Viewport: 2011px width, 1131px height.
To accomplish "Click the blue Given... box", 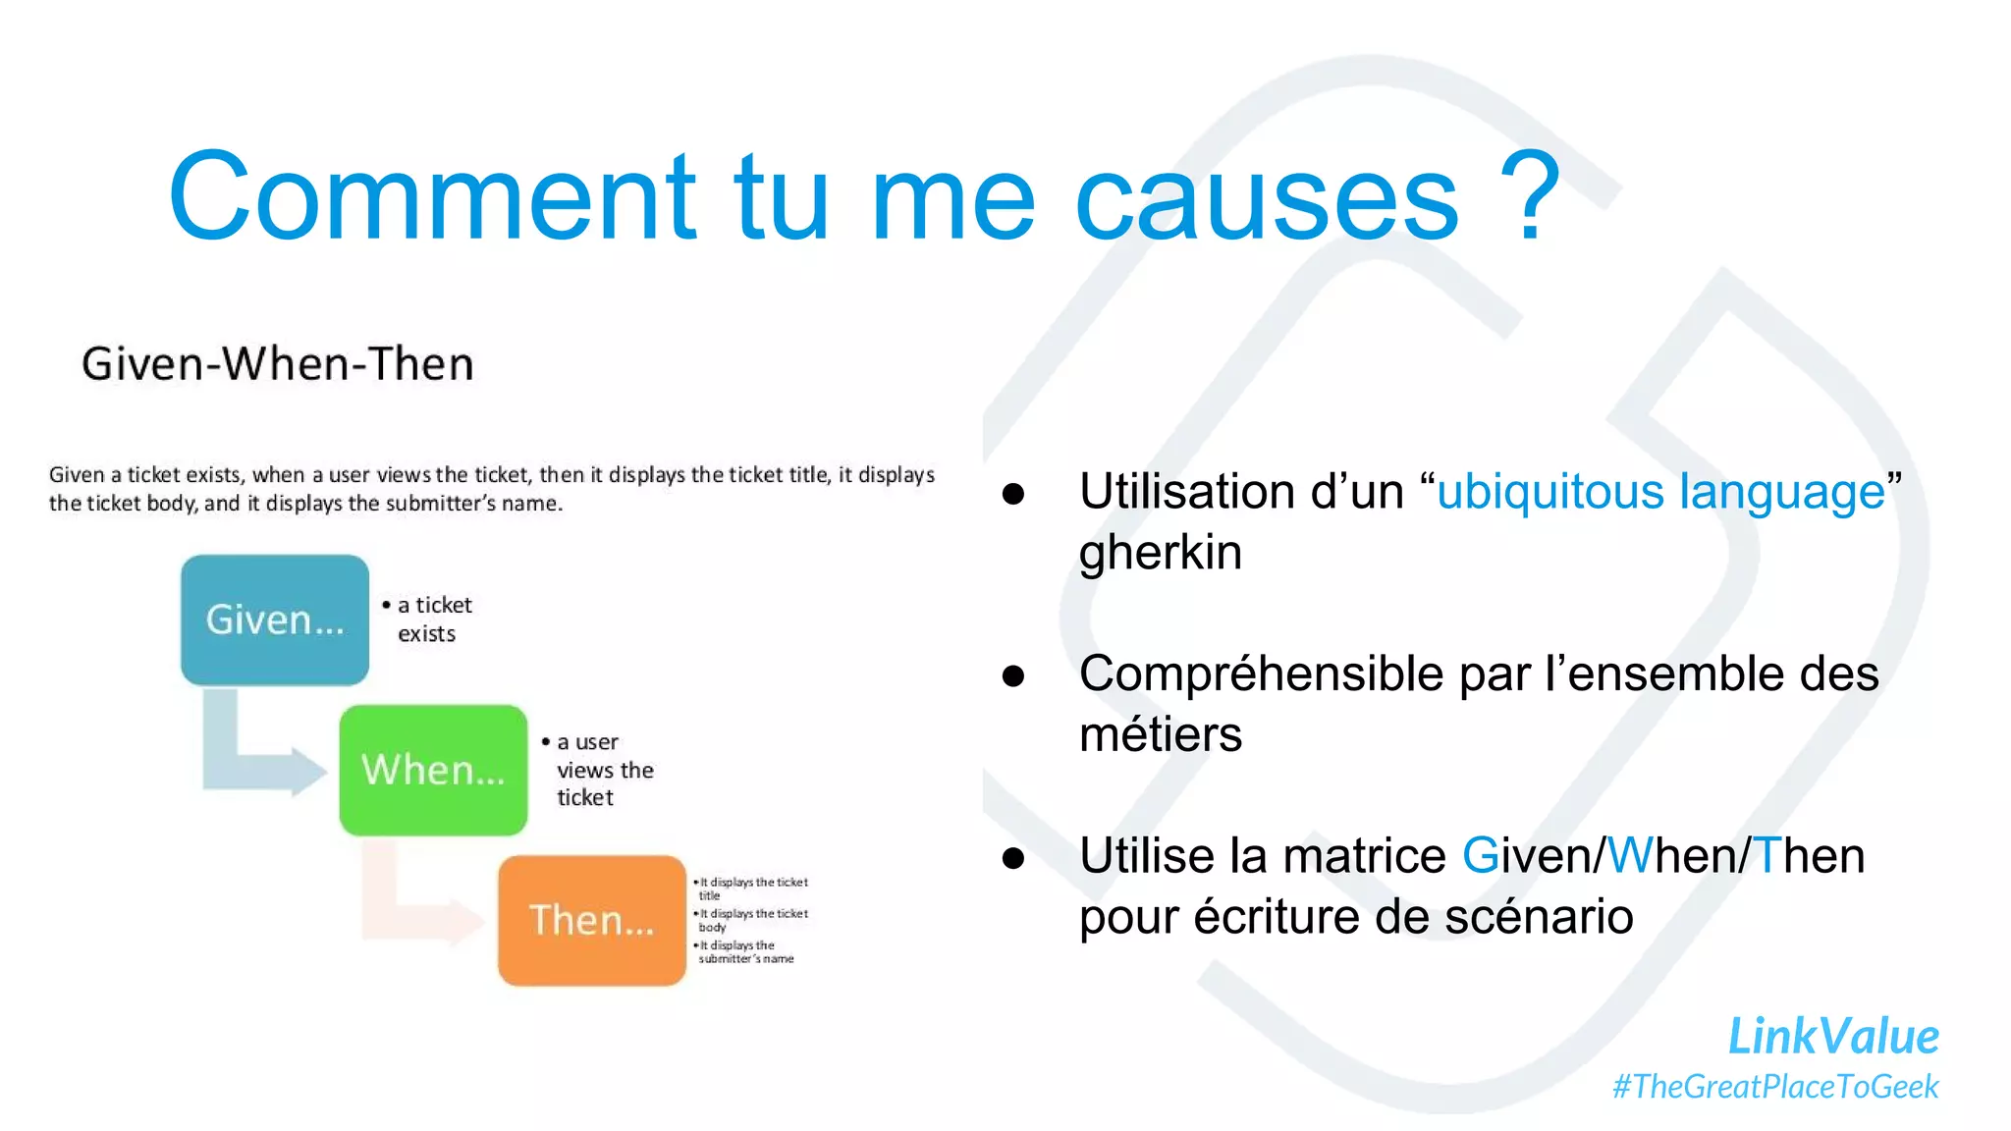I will click(x=275, y=619).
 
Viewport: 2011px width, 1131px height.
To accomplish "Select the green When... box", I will click(x=433, y=770).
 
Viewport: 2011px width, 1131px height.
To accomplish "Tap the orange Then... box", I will click(x=591, y=920).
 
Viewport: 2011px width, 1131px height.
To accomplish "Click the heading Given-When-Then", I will click(x=277, y=364).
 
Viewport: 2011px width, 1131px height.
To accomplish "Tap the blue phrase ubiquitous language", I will click(x=1660, y=492).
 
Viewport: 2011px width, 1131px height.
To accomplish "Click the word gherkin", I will click(x=1160, y=553).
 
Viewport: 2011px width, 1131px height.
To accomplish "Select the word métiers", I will click(x=1160, y=734).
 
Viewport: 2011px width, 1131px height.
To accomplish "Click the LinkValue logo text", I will click(x=1832, y=1037).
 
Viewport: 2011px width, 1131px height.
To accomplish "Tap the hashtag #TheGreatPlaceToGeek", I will click(x=1775, y=1087).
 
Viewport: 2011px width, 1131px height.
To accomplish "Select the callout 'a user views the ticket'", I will click(x=600, y=770).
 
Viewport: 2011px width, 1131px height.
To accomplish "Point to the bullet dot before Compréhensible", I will click(x=1013, y=675).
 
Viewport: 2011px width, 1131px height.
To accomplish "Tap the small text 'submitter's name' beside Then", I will click(x=745, y=958).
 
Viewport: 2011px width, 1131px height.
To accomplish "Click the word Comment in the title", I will click(x=432, y=196).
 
